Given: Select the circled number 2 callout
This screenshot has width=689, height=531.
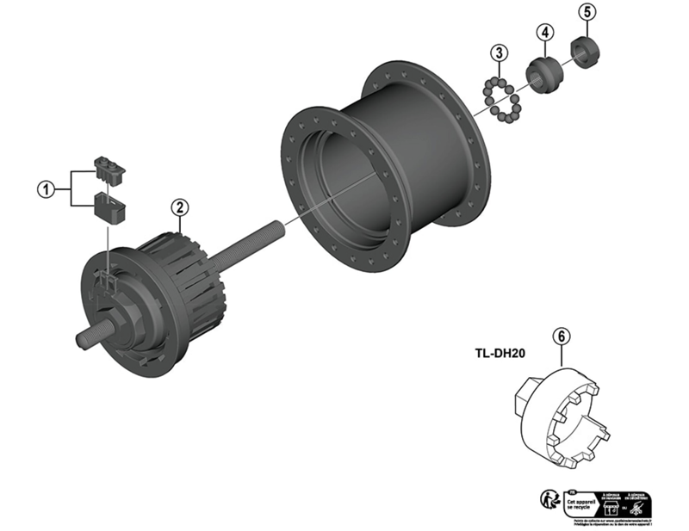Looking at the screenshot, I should (x=179, y=207).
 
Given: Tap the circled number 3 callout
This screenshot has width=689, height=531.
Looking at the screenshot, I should (x=499, y=53).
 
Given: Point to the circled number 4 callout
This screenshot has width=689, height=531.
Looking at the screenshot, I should (x=543, y=32).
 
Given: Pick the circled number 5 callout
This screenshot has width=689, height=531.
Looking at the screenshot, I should (x=587, y=12).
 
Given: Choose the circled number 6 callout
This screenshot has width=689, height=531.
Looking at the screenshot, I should (x=561, y=337).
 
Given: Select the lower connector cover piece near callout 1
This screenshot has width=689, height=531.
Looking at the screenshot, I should (x=108, y=207).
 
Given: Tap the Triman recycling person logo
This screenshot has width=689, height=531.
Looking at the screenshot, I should (x=549, y=501).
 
